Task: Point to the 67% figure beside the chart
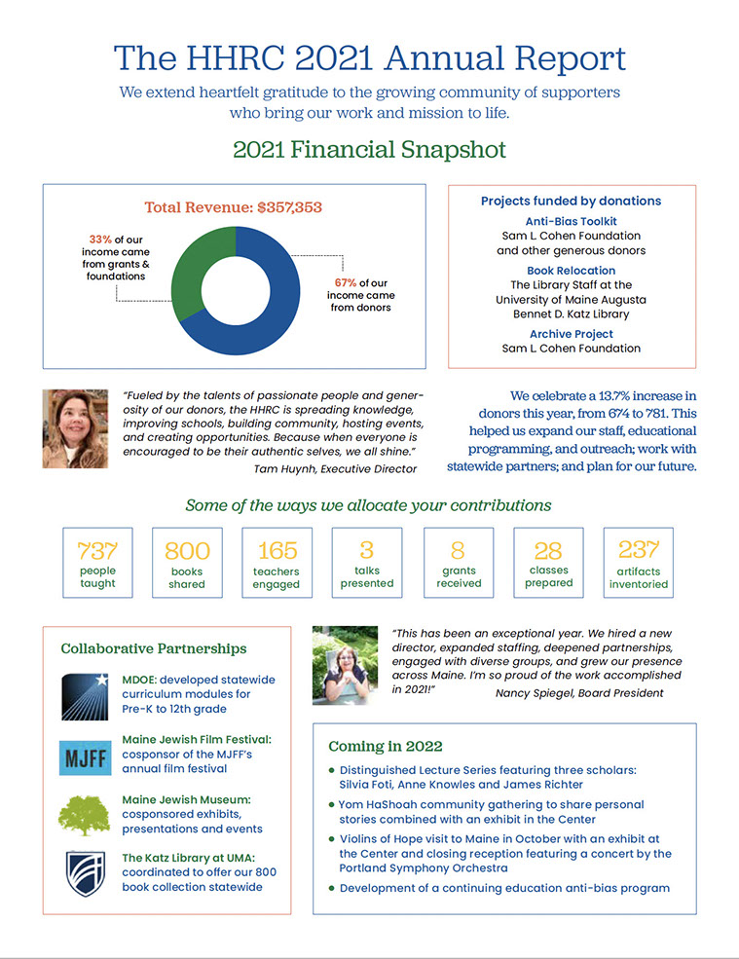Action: (346, 283)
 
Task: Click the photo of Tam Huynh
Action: (75, 428)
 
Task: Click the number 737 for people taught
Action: (97, 550)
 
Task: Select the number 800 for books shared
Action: (187, 551)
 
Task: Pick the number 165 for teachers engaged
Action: (277, 550)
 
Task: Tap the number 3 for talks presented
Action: (367, 550)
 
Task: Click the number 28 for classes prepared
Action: (549, 550)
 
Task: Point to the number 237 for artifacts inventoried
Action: (639, 549)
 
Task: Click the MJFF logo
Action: (85, 756)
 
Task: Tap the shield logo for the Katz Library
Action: (85, 873)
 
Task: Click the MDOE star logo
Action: (85, 695)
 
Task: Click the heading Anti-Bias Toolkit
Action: (571, 222)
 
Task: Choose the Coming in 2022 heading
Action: (385, 747)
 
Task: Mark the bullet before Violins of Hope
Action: (332, 838)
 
